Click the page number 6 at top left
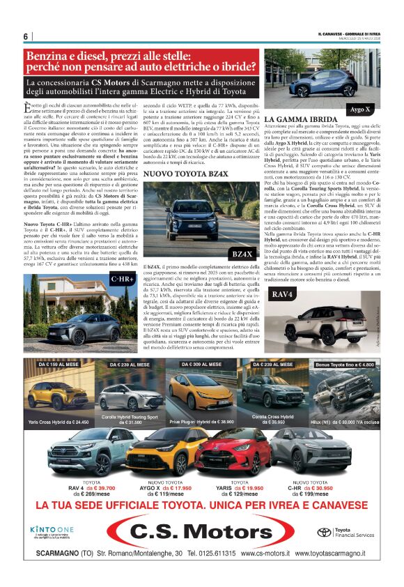pyautogui.click(x=26, y=36)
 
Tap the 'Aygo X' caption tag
pyautogui.click(x=359, y=109)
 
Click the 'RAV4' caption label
pyautogui.click(x=282, y=296)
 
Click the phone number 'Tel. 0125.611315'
pyautogui.click(x=212, y=553)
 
